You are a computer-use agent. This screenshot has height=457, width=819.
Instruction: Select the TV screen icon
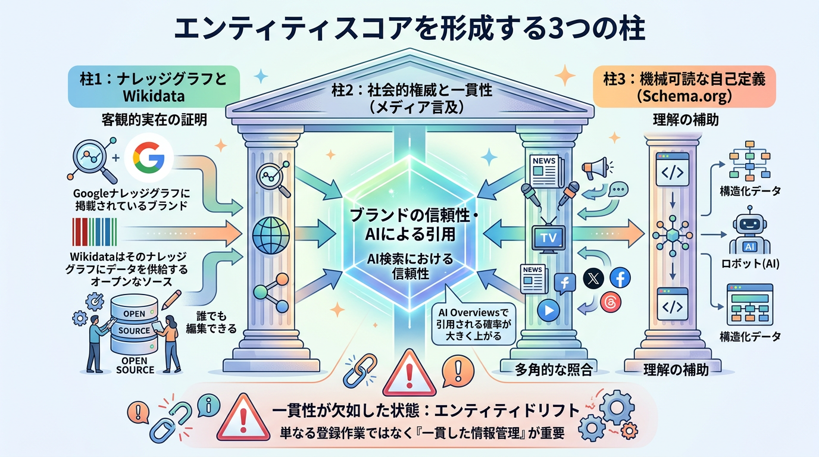547,237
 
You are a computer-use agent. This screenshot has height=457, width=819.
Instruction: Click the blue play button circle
548,310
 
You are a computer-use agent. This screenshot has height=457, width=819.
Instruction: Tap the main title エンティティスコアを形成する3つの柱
409,28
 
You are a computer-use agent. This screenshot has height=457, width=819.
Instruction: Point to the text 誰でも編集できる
216,321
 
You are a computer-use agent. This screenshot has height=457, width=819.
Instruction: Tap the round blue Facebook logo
620,278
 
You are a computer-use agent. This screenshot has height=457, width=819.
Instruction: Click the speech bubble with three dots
619,190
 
